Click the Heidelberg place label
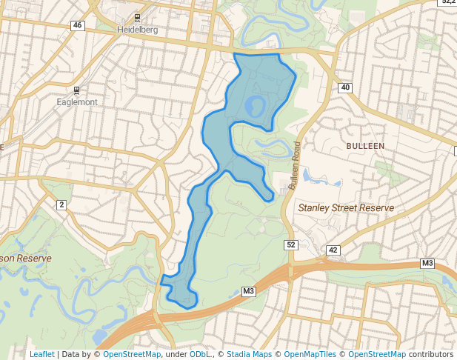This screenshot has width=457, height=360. click(139, 30)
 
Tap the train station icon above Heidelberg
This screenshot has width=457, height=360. click(138, 17)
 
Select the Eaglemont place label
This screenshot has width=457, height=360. click(77, 102)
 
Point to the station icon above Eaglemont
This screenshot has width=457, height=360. click(77, 90)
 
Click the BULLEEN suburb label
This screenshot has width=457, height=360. click(365, 146)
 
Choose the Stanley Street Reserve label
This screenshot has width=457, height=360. click(345, 208)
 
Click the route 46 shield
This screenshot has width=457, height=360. click(78, 25)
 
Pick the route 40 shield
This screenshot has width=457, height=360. click(345, 88)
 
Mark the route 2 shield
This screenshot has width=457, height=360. click(61, 204)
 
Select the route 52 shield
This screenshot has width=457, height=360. click(290, 244)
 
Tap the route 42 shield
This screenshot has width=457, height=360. click(333, 250)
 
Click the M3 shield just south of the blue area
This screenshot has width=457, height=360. click(248, 292)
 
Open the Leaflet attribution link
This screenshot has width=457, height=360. click(41, 354)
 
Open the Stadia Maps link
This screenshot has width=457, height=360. click(249, 354)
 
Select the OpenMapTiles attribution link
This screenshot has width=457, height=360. click(310, 354)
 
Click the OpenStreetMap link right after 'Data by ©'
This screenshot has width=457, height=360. click(132, 354)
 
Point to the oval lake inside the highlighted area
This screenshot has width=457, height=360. click(255, 106)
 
